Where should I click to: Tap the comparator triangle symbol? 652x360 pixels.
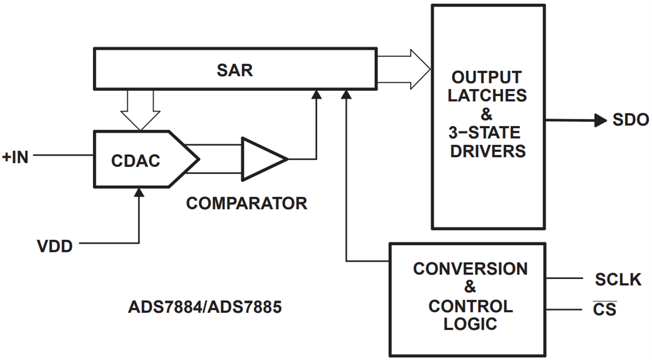tap(262, 159)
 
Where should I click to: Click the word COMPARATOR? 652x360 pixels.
tap(246, 204)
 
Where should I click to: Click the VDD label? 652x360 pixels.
tap(55, 246)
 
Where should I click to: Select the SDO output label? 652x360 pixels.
tap(631, 121)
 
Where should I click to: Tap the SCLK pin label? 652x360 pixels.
tap(618, 280)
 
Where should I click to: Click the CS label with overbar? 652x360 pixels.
tap(605, 310)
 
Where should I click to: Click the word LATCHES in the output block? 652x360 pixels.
tap(486, 96)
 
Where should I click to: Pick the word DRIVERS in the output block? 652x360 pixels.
tap(486, 151)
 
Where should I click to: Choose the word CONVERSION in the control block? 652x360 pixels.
tap(470, 269)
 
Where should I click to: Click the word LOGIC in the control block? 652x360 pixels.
tap(470, 325)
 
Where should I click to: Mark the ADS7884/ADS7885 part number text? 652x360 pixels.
tap(205, 307)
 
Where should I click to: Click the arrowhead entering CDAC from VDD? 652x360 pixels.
tap(139, 192)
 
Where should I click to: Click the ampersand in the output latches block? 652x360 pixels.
tap(486, 115)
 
